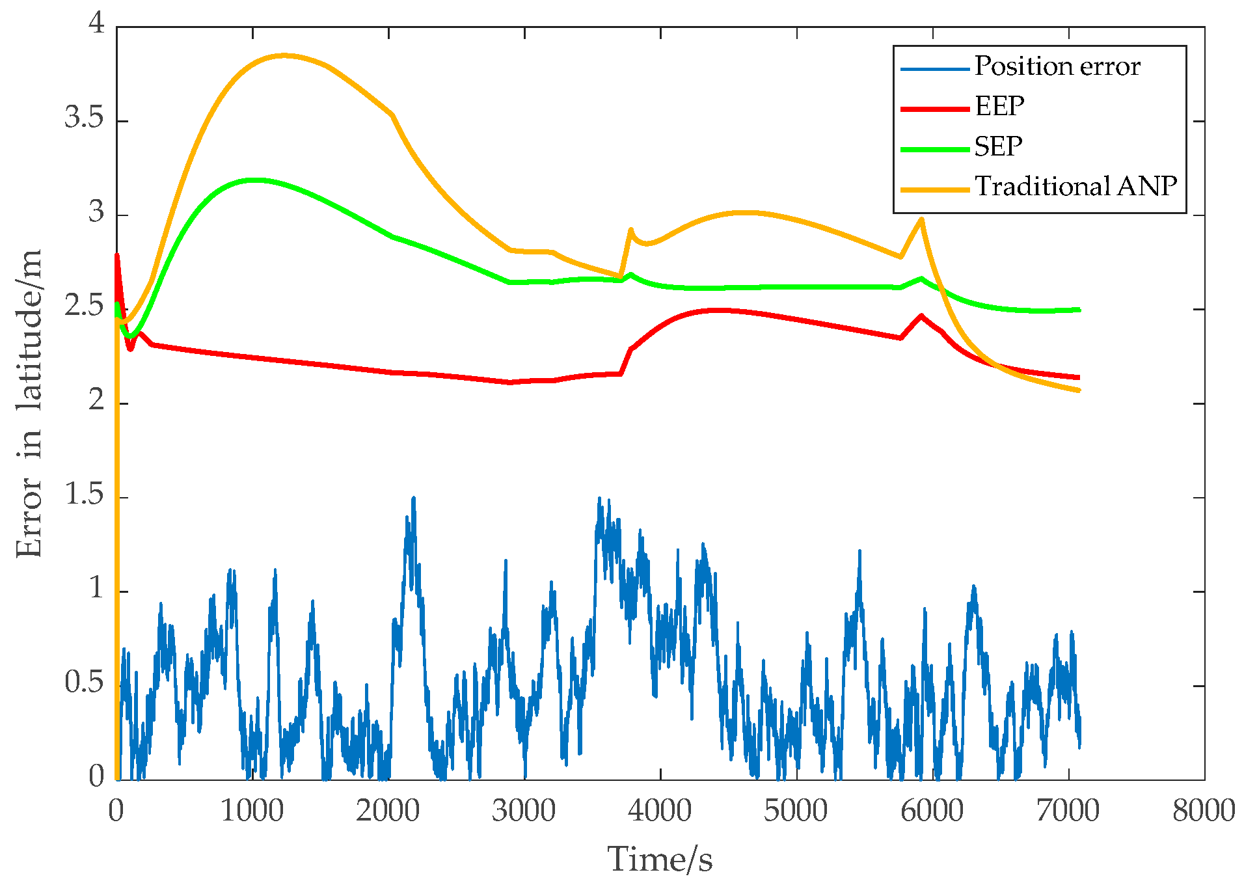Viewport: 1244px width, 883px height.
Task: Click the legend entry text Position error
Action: point(1057,66)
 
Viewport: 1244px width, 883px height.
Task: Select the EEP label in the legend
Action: point(999,106)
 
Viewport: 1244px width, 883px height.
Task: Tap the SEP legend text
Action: point(998,146)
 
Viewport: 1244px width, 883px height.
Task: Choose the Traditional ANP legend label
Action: point(1075,187)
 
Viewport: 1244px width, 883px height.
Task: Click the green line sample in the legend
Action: point(935,149)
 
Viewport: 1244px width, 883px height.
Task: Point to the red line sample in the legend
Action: point(935,109)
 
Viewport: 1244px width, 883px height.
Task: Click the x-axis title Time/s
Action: point(660,859)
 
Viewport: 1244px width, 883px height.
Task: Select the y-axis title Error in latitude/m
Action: point(29,403)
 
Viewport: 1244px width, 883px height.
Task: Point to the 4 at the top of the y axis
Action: point(97,24)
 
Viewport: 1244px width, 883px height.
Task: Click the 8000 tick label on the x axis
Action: point(1204,811)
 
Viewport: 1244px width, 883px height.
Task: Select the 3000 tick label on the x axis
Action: point(524,811)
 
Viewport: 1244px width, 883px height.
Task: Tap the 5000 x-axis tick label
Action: point(796,811)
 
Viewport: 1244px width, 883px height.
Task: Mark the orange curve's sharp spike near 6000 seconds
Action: point(921,219)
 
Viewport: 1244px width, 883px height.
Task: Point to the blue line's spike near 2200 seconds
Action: point(413,498)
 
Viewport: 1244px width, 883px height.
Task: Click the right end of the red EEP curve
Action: point(1079,377)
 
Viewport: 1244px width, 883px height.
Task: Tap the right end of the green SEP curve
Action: point(1079,310)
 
